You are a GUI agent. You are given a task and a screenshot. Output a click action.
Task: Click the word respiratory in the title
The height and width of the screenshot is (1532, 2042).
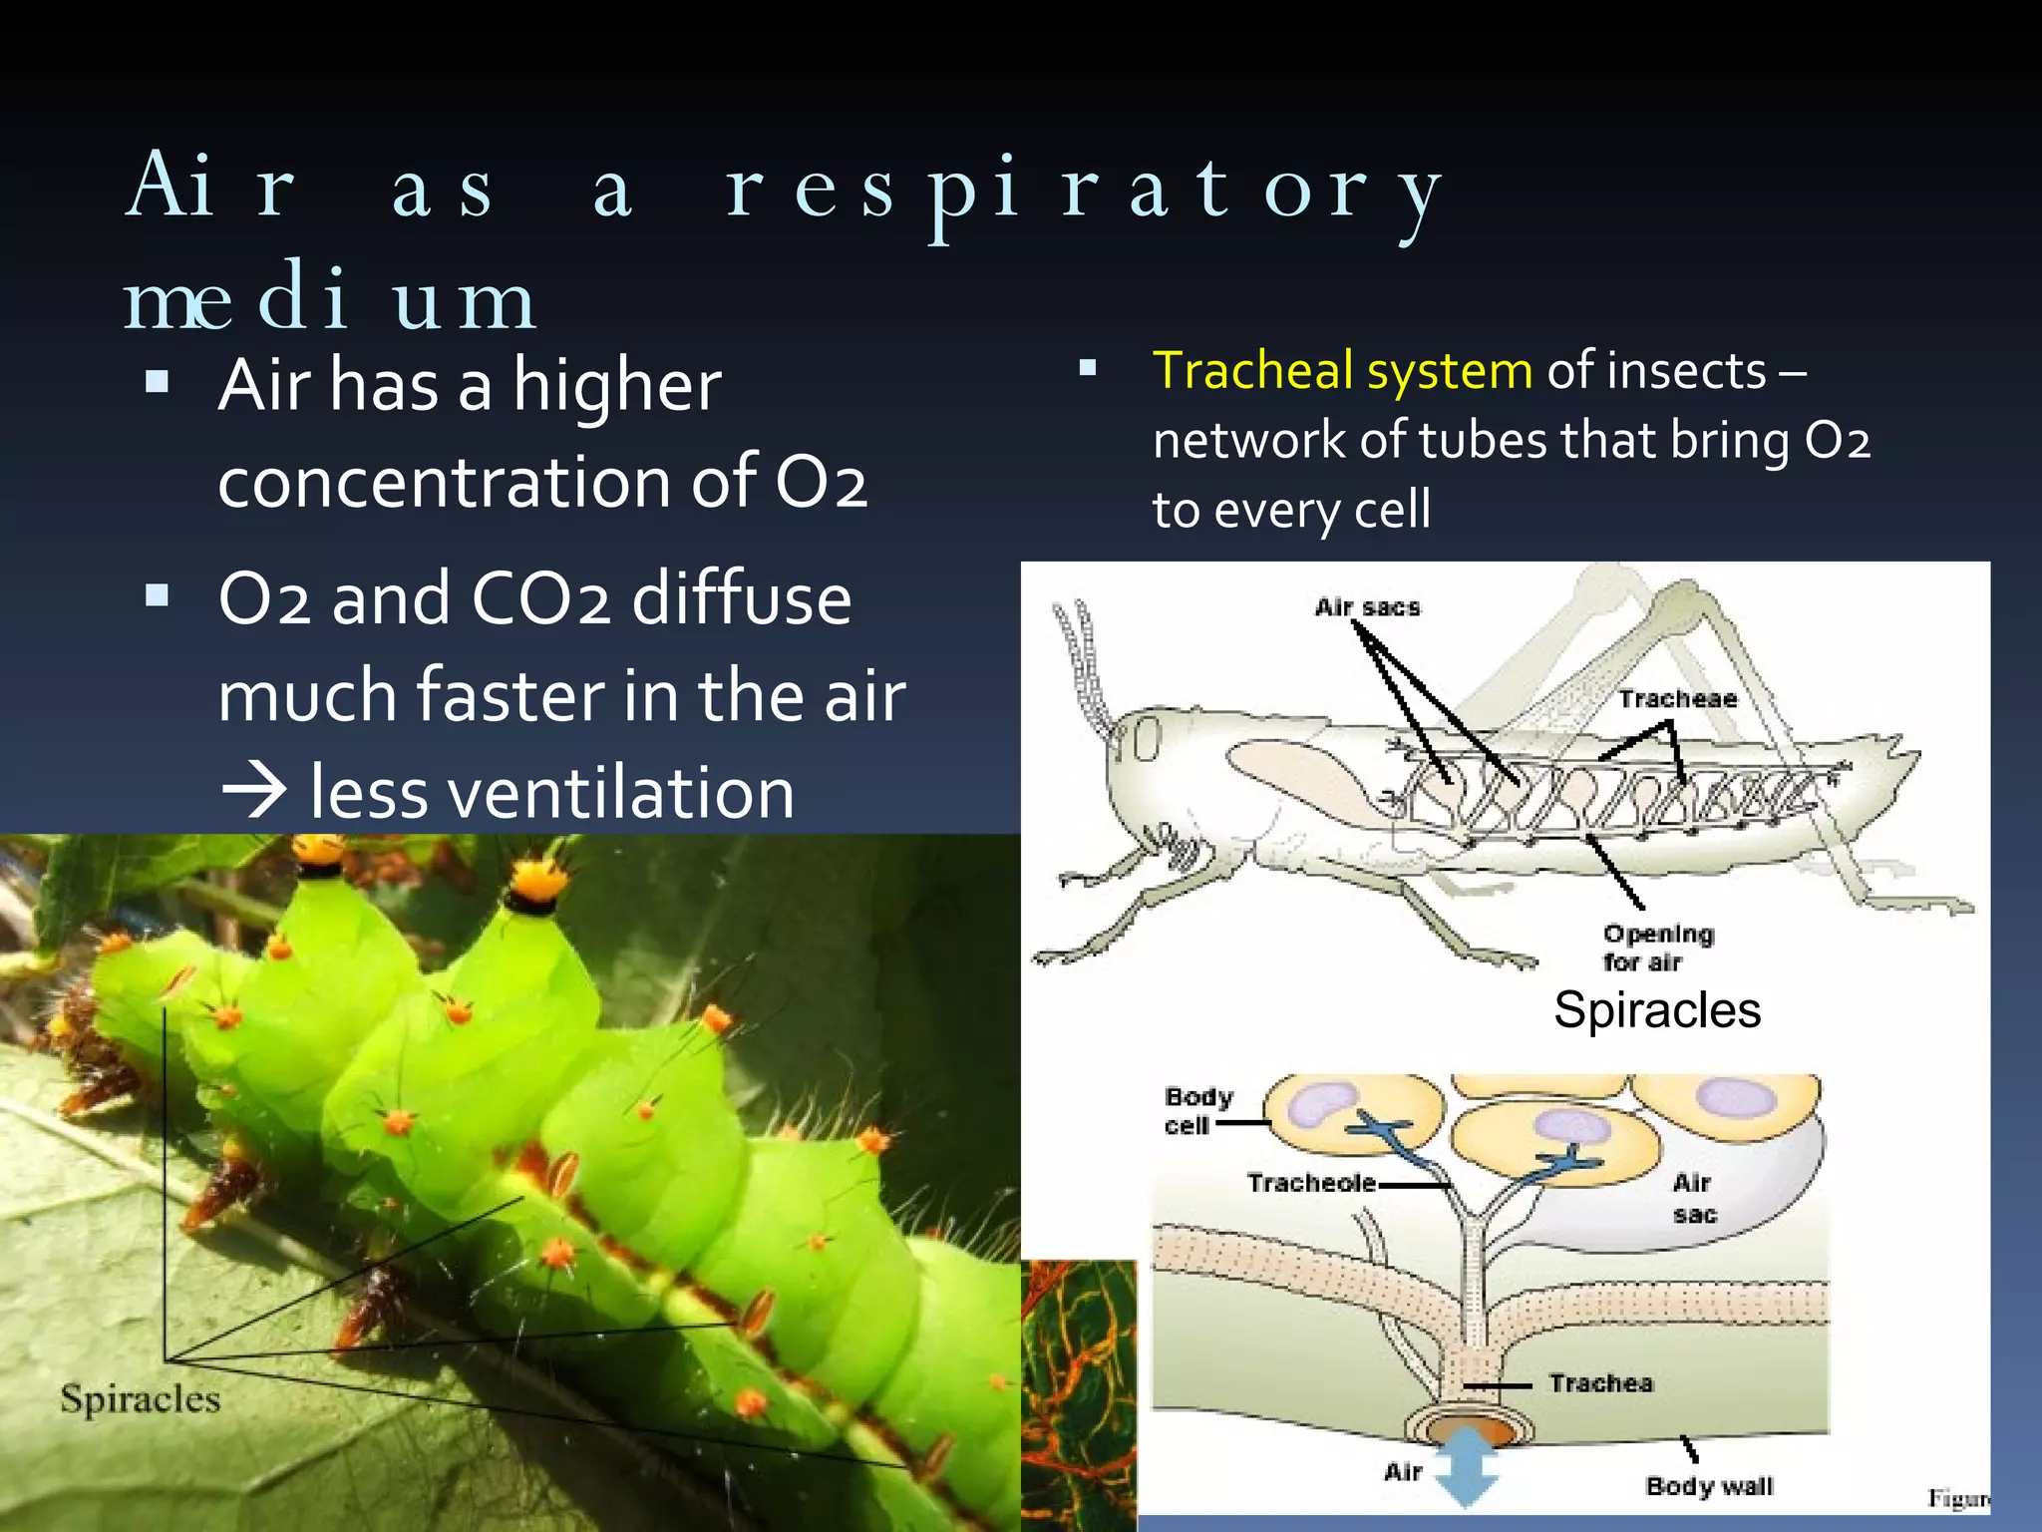point(1082,190)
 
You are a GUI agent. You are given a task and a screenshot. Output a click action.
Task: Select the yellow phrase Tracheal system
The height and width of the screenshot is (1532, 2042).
point(1342,371)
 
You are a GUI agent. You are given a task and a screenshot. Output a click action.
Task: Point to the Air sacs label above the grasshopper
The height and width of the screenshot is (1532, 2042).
point(1367,607)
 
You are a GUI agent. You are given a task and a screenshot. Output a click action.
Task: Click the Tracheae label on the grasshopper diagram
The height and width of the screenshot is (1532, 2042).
point(1677,699)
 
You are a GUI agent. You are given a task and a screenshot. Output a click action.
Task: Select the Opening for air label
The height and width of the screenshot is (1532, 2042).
point(1658,948)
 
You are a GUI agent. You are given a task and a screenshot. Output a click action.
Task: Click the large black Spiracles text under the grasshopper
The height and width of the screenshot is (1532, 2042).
point(1657,1010)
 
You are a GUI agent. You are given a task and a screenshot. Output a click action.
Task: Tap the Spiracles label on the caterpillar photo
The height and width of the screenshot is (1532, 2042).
point(140,1398)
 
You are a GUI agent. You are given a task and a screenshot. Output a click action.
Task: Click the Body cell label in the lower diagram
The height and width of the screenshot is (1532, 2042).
point(1197,1111)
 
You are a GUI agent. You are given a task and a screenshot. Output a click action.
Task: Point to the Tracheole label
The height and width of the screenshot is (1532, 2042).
point(1310,1184)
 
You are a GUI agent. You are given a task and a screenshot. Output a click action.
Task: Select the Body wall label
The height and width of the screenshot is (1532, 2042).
point(1709,1487)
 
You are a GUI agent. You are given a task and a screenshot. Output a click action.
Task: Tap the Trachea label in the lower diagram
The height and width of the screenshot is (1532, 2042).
point(1600,1383)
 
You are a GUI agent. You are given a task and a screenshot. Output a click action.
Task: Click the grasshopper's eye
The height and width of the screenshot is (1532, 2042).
point(1147,740)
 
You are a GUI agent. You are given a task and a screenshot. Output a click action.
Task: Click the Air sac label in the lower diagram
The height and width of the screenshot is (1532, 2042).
point(1693,1199)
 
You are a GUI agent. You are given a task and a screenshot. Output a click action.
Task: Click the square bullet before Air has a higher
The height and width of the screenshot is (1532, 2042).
point(157,382)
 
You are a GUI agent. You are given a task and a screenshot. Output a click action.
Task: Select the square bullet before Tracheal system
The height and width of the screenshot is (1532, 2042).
point(1088,369)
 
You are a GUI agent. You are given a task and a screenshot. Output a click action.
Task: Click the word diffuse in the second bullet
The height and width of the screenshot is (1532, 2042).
point(742,599)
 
